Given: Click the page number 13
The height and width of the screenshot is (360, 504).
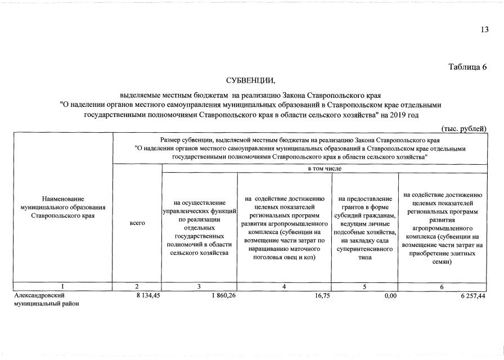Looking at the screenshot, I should (x=484, y=30).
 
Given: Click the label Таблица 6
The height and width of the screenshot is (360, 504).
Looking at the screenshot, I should (x=467, y=67).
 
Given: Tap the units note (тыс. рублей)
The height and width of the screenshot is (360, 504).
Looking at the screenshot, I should (x=463, y=129).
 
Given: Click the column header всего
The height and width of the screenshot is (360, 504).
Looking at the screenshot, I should (x=137, y=223).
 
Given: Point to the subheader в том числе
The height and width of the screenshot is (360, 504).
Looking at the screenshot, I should (x=325, y=168).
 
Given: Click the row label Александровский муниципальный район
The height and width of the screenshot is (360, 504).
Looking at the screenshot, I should (x=46, y=299).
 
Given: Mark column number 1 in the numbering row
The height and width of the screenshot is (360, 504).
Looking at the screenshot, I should (x=62, y=287).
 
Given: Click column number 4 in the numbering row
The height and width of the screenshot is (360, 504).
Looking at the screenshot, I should (x=284, y=287).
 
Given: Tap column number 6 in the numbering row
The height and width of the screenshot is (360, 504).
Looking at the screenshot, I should (x=442, y=287).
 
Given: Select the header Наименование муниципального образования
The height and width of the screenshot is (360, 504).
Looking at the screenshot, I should (x=62, y=207).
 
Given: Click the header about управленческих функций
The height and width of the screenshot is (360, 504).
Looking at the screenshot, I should (x=200, y=227).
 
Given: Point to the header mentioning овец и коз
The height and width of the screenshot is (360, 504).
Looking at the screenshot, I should (x=284, y=227).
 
